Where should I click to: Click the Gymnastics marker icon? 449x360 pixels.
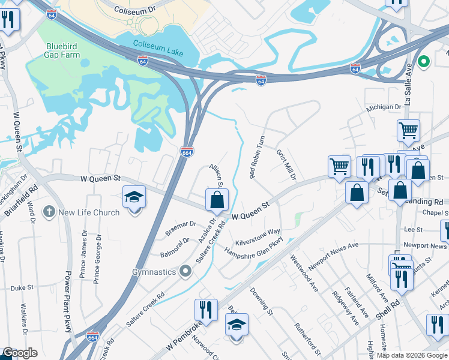click(186, 272)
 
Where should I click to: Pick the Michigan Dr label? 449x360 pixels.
click(384, 107)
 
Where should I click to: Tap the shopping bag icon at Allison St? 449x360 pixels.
click(217, 200)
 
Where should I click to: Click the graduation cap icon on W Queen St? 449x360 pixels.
click(133, 196)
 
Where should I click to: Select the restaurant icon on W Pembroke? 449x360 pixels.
click(205, 309)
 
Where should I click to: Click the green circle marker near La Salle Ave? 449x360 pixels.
click(424, 61)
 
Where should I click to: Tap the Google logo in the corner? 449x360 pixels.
click(19, 353)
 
